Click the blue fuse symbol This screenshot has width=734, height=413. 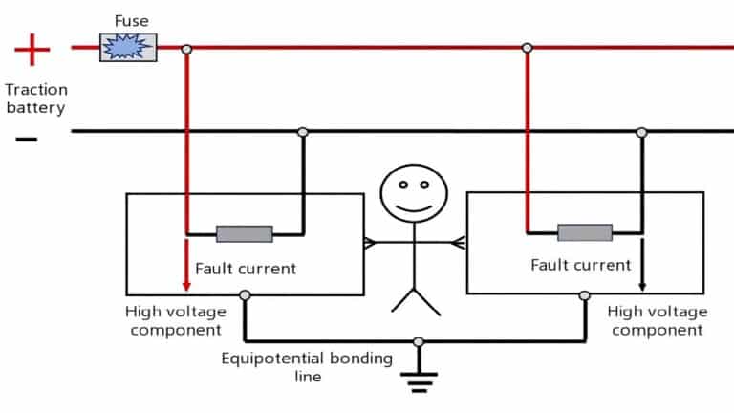coord(128,47)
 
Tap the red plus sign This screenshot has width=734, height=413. coord(32,47)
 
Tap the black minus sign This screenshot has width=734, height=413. coord(28,140)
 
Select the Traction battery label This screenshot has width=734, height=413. coord(35,98)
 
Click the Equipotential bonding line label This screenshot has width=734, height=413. coord(307,367)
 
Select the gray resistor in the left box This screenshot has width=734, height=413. coord(244,234)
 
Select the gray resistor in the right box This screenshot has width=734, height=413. coord(584,232)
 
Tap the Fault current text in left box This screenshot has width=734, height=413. coord(246,269)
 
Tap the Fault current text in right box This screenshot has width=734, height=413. coord(581,265)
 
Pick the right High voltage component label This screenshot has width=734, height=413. coord(658,321)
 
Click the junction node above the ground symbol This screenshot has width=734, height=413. coord(418,341)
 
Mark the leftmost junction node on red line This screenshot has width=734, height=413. coord(186,48)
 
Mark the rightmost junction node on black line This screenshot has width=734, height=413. coord(642,132)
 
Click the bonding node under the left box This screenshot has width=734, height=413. coord(246,295)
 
